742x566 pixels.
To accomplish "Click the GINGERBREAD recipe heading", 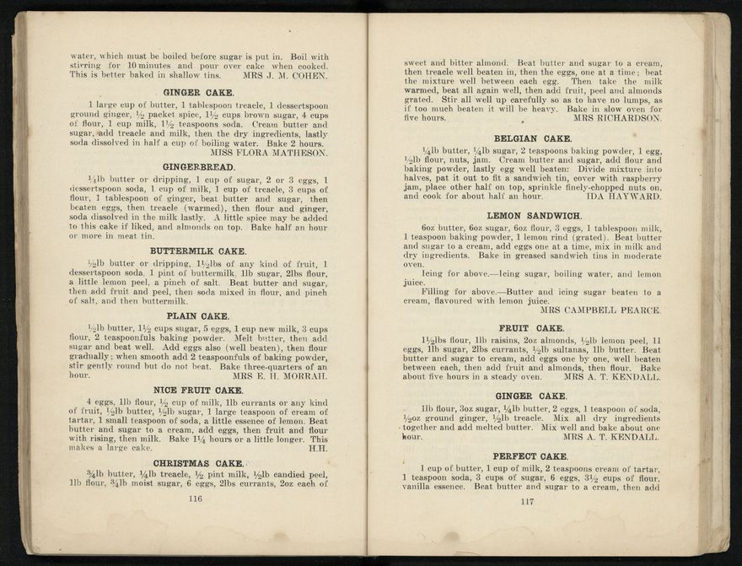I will (198, 167).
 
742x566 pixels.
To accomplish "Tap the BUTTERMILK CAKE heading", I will (198, 251).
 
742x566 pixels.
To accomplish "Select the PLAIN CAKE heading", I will (198, 315).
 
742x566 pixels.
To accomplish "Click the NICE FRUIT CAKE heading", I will (198, 390).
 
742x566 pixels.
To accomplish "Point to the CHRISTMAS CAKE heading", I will (198, 462).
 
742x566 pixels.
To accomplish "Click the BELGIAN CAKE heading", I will (533, 137).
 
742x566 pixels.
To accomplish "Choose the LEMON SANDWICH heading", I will (534, 216).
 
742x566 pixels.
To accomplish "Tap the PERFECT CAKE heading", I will (531, 456).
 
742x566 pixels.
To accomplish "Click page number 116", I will (196, 499).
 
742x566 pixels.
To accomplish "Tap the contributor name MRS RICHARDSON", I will (617, 118).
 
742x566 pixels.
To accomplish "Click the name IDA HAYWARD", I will (626, 197).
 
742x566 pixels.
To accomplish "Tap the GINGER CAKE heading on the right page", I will (531, 396).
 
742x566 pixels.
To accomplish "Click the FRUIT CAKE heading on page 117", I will (531, 327).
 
